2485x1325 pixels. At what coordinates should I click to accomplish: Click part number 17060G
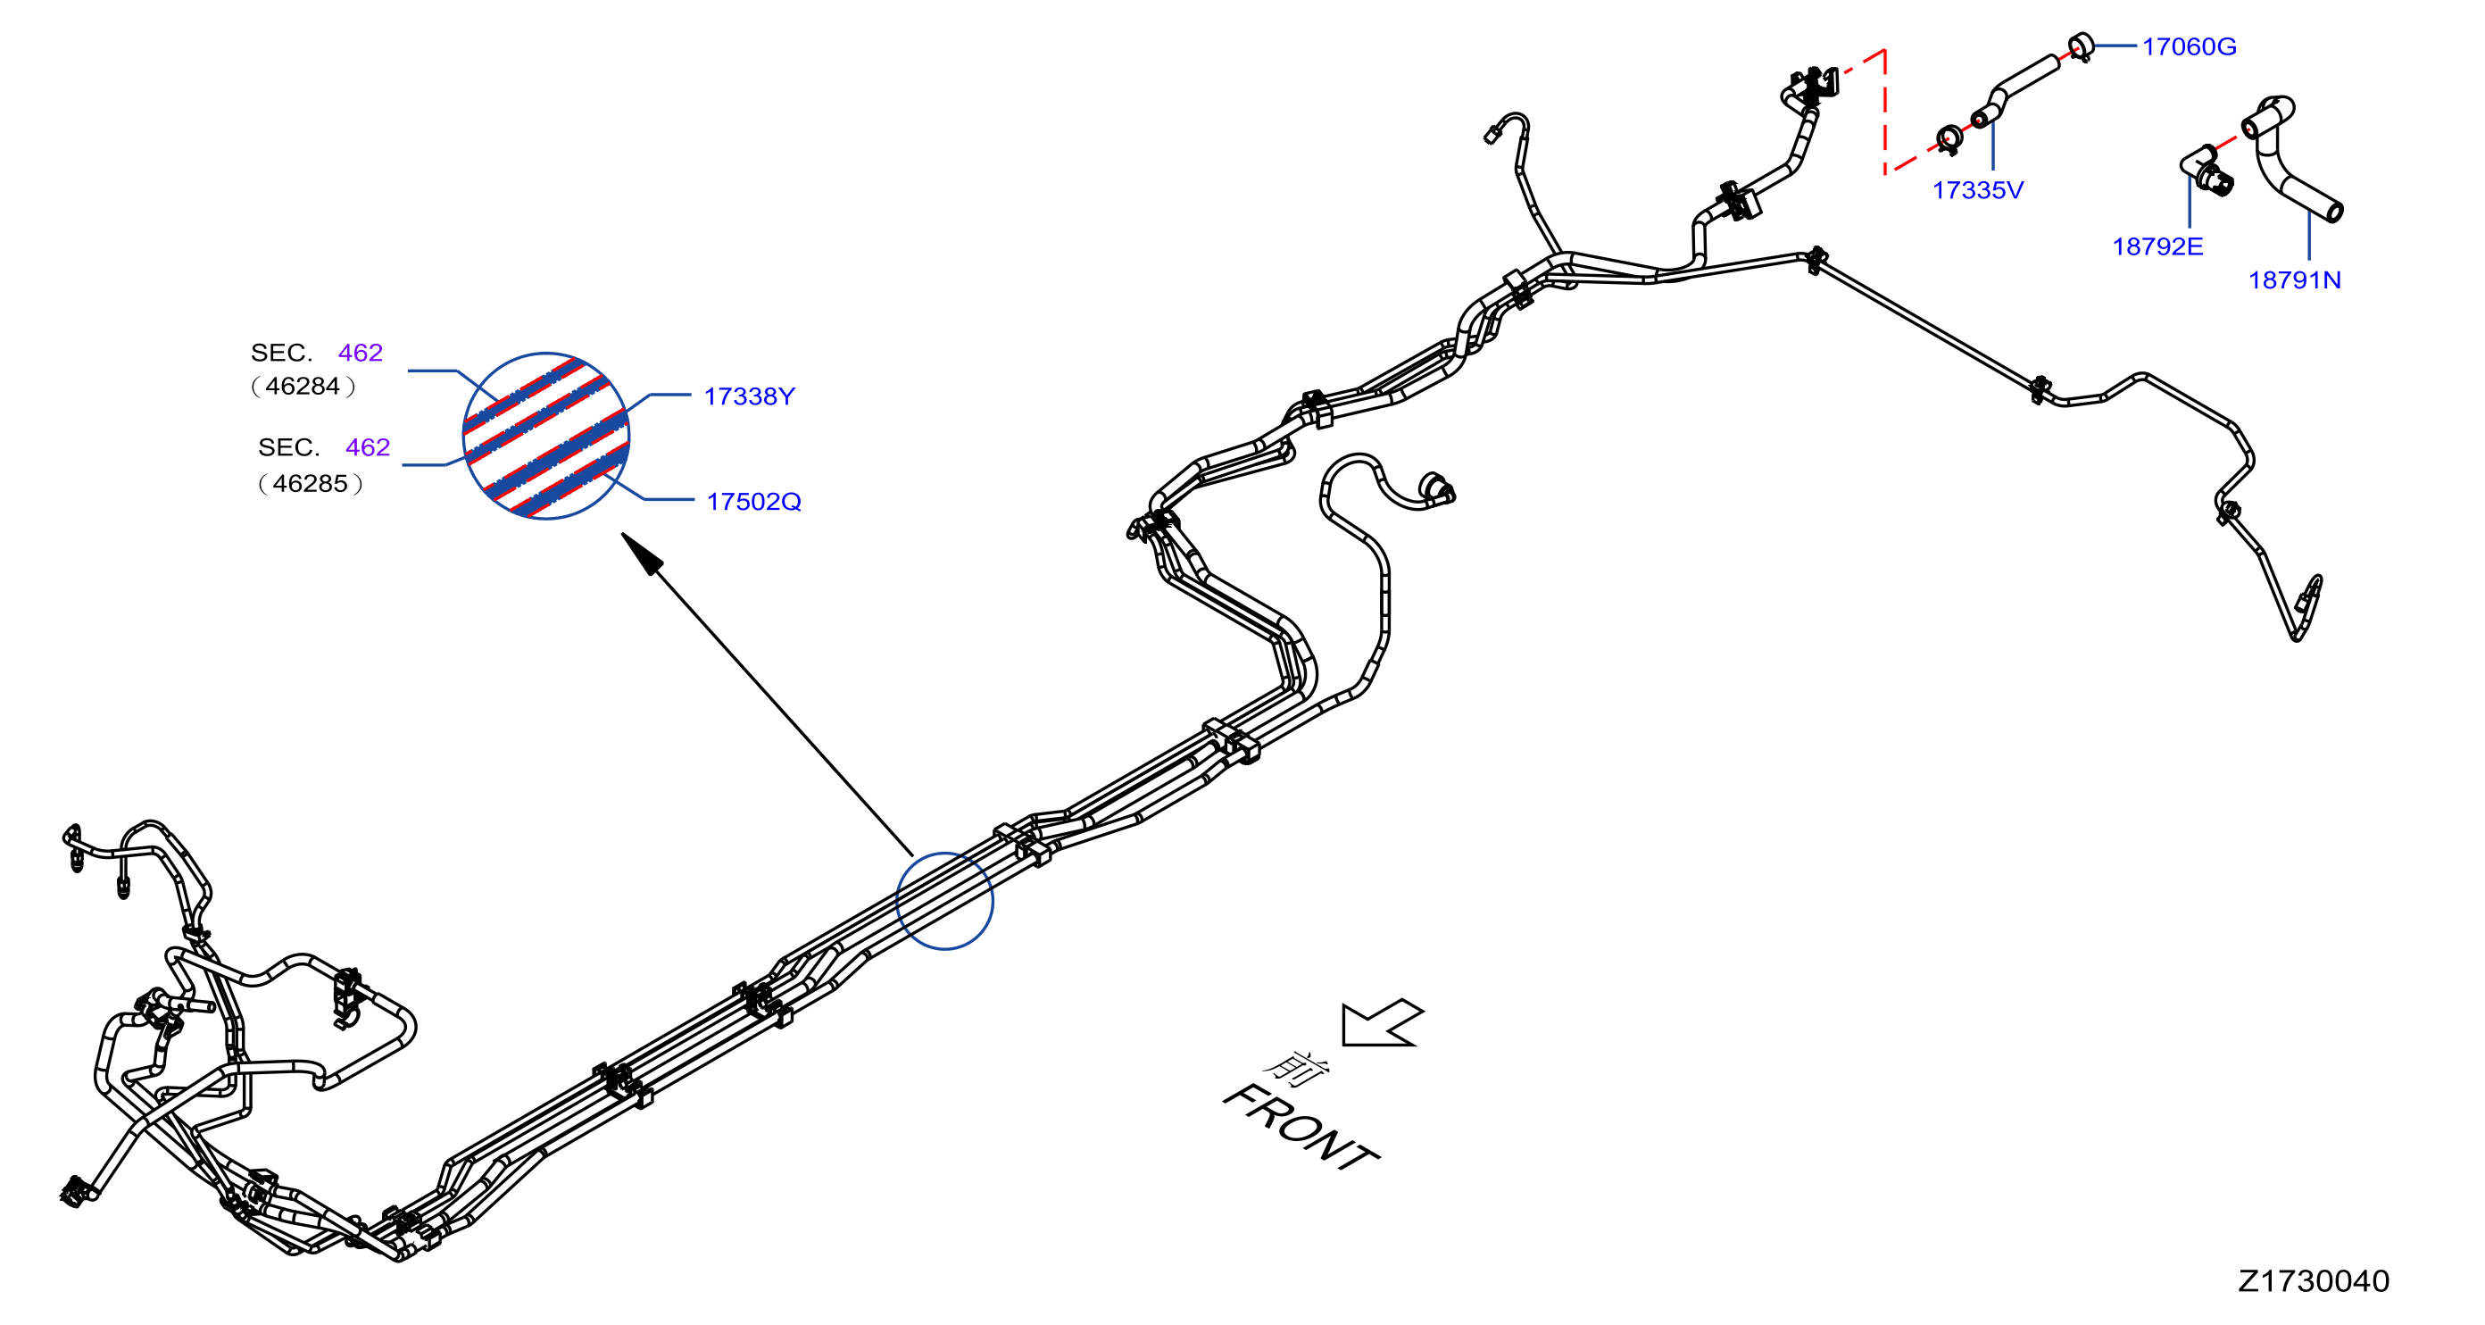[x=2189, y=46]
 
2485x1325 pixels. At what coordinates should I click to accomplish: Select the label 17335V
[x=1978, y=190]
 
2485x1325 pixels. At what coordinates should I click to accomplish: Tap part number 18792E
[x=2158, y=247]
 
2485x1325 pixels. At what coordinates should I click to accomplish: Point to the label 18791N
[x=2294, y=279]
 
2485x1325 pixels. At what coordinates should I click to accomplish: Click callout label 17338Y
[x=749, y=396]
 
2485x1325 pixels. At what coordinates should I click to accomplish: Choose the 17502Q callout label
[x=753, y=502]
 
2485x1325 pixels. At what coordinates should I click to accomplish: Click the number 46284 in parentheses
[x=303, y=386]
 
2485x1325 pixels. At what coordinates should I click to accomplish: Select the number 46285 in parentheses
[x=310, y=484]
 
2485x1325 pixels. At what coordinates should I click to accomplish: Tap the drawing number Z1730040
[x=2314, y=1280]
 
